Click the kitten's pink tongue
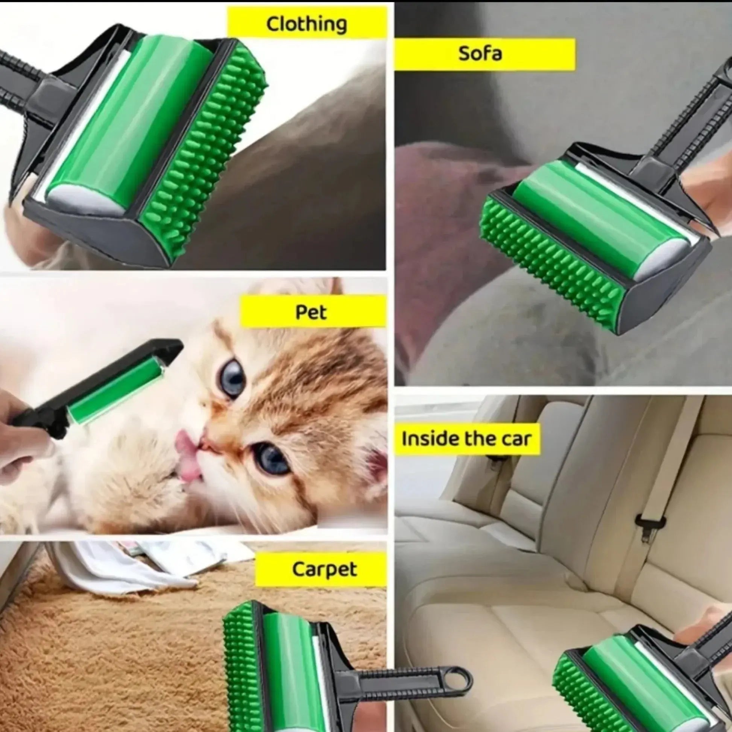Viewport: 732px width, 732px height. (x=188, y=457)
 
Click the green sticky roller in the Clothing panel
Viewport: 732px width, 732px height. (x=129, y=121)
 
